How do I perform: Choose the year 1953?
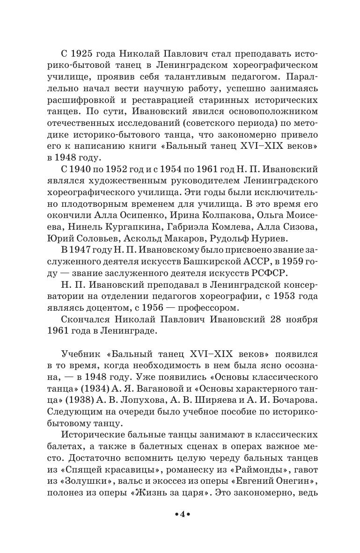click(280, 296)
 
